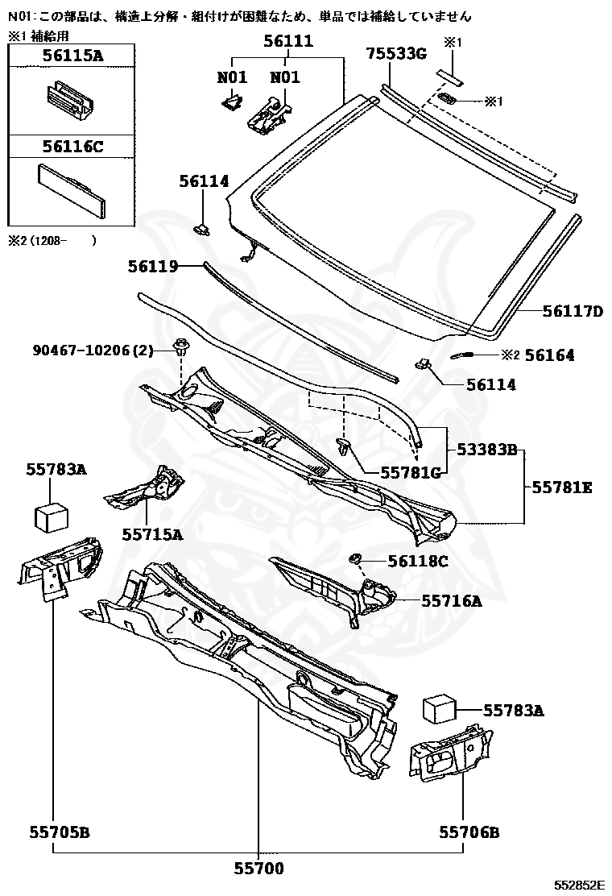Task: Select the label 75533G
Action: point(395,53)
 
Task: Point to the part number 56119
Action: point(152,265)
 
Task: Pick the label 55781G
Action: point(411,473)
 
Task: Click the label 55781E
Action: point(563,487)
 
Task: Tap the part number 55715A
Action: point(152,533)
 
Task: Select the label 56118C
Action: point(418,561)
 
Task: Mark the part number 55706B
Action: point(469,832)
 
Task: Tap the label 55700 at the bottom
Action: point(259,869)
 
